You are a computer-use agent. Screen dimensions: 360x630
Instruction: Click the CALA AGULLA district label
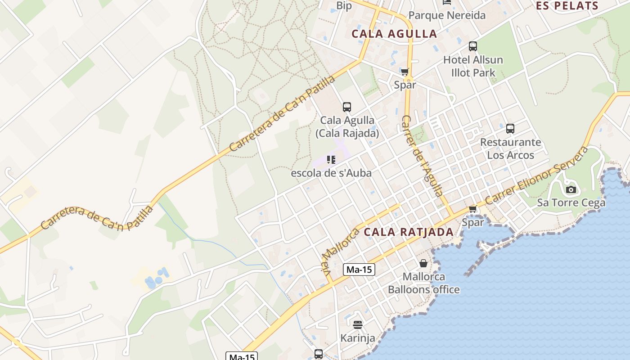(394, 34)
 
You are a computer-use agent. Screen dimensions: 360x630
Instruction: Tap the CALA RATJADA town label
(408, 232)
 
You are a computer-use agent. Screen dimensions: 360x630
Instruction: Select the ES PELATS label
(567, 6)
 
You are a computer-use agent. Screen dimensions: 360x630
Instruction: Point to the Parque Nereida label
(447, 16)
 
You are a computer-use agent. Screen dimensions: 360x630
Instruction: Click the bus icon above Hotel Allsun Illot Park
(472, 46)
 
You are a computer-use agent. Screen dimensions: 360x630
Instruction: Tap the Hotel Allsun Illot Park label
(473, 66)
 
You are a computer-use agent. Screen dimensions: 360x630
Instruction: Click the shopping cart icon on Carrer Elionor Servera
(472, 209)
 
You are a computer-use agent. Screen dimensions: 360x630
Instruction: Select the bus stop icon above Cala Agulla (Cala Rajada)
(346, 107)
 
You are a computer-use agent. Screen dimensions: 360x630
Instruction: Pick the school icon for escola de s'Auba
(331, 159)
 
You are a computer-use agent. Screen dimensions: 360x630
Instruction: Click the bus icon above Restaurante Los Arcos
(510, 129)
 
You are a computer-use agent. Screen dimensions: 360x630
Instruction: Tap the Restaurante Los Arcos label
(510, 148)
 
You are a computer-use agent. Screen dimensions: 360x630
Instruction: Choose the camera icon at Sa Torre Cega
(571, 189)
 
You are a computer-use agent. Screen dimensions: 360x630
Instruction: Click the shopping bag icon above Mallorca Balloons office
(423, 263)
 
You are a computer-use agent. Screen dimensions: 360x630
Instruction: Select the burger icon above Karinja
(358, 324)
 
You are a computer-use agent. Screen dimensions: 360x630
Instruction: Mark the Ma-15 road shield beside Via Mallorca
(359, 270)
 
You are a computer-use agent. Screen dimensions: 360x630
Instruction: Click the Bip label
(344, 6)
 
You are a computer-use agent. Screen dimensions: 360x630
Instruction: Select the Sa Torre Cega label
(571, 203)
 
